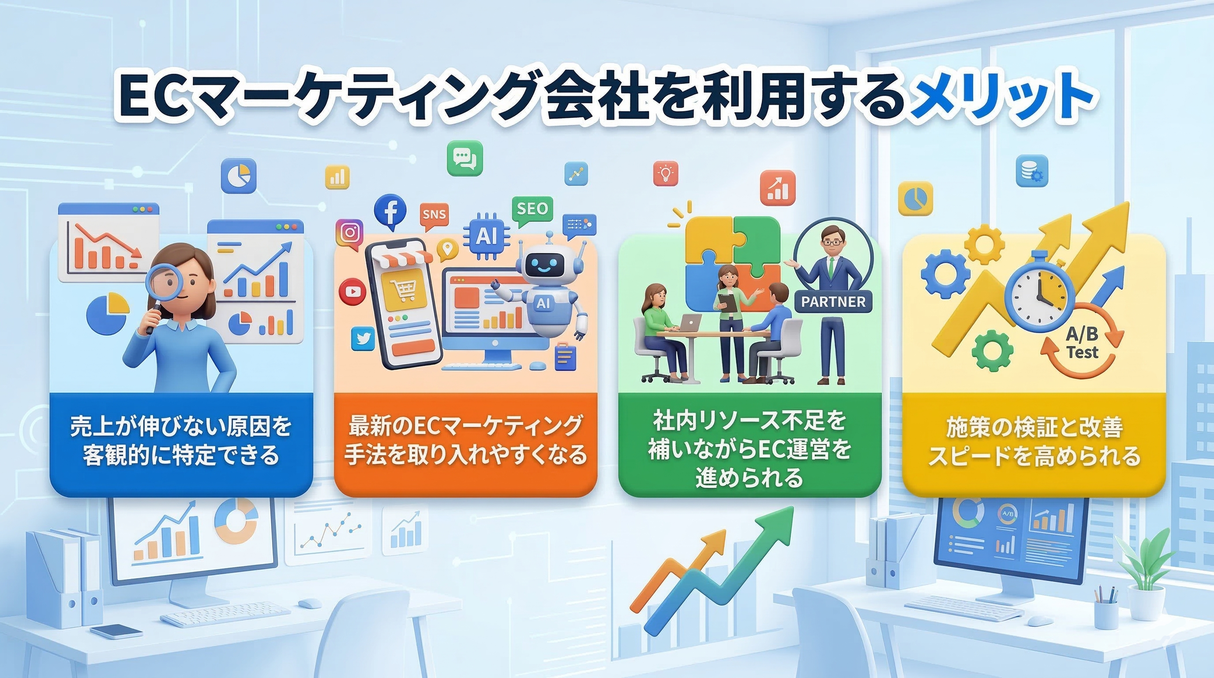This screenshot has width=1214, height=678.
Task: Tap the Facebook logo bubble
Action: click(390, 212)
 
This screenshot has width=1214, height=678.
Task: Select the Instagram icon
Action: click(349, 233)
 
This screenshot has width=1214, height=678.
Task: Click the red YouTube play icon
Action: click(352, 291)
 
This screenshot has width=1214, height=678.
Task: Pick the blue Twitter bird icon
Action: click(363, 339)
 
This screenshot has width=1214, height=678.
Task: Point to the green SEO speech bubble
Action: click(532, 209)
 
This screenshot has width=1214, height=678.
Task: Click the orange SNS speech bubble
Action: click(434, 215)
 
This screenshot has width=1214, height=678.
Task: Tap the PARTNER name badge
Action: click(833, 302)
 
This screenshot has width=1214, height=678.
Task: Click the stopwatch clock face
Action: click(1039, 293)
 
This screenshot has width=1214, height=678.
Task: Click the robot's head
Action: click(545, 265)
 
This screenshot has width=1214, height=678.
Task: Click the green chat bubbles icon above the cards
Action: click(465, 158)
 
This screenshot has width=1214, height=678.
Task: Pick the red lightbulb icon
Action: click(665, 173)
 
